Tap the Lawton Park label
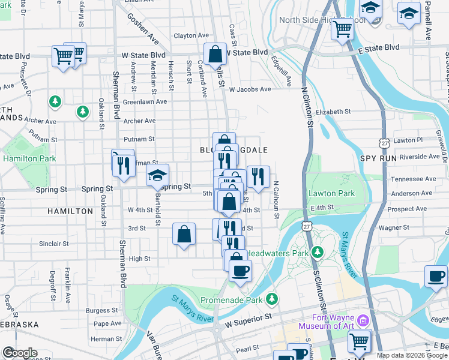tap(331, 193)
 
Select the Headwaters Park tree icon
tap(317, 253)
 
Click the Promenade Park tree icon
tap(273, 298)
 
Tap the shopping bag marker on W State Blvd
tap(215, 55)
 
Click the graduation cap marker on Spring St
tap(157, 175)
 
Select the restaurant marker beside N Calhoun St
tap(258, 176)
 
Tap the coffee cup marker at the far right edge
tap(436, 277)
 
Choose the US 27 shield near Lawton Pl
tap(384, 143)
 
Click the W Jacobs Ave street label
tap(250, 89)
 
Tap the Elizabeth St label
tap(333, 112)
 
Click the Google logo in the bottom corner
tap(20, 353)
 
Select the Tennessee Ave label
tap(414, 179)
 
